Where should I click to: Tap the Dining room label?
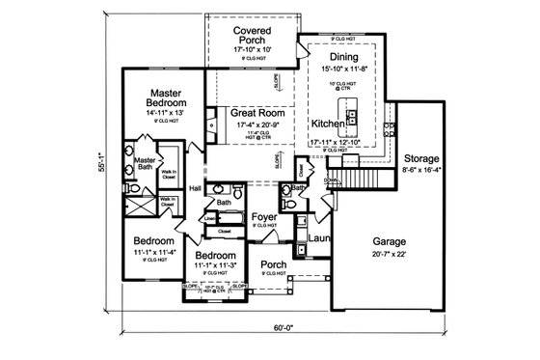tap(344, 56)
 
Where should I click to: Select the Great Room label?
tap(256, 112)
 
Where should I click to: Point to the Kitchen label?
tap(329, 125)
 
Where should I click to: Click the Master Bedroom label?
tap(159, 97)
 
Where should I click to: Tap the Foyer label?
tap(265, 217)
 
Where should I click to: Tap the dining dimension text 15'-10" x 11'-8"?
tap(344, 69)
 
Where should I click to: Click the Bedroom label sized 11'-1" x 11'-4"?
tap(153, 239)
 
